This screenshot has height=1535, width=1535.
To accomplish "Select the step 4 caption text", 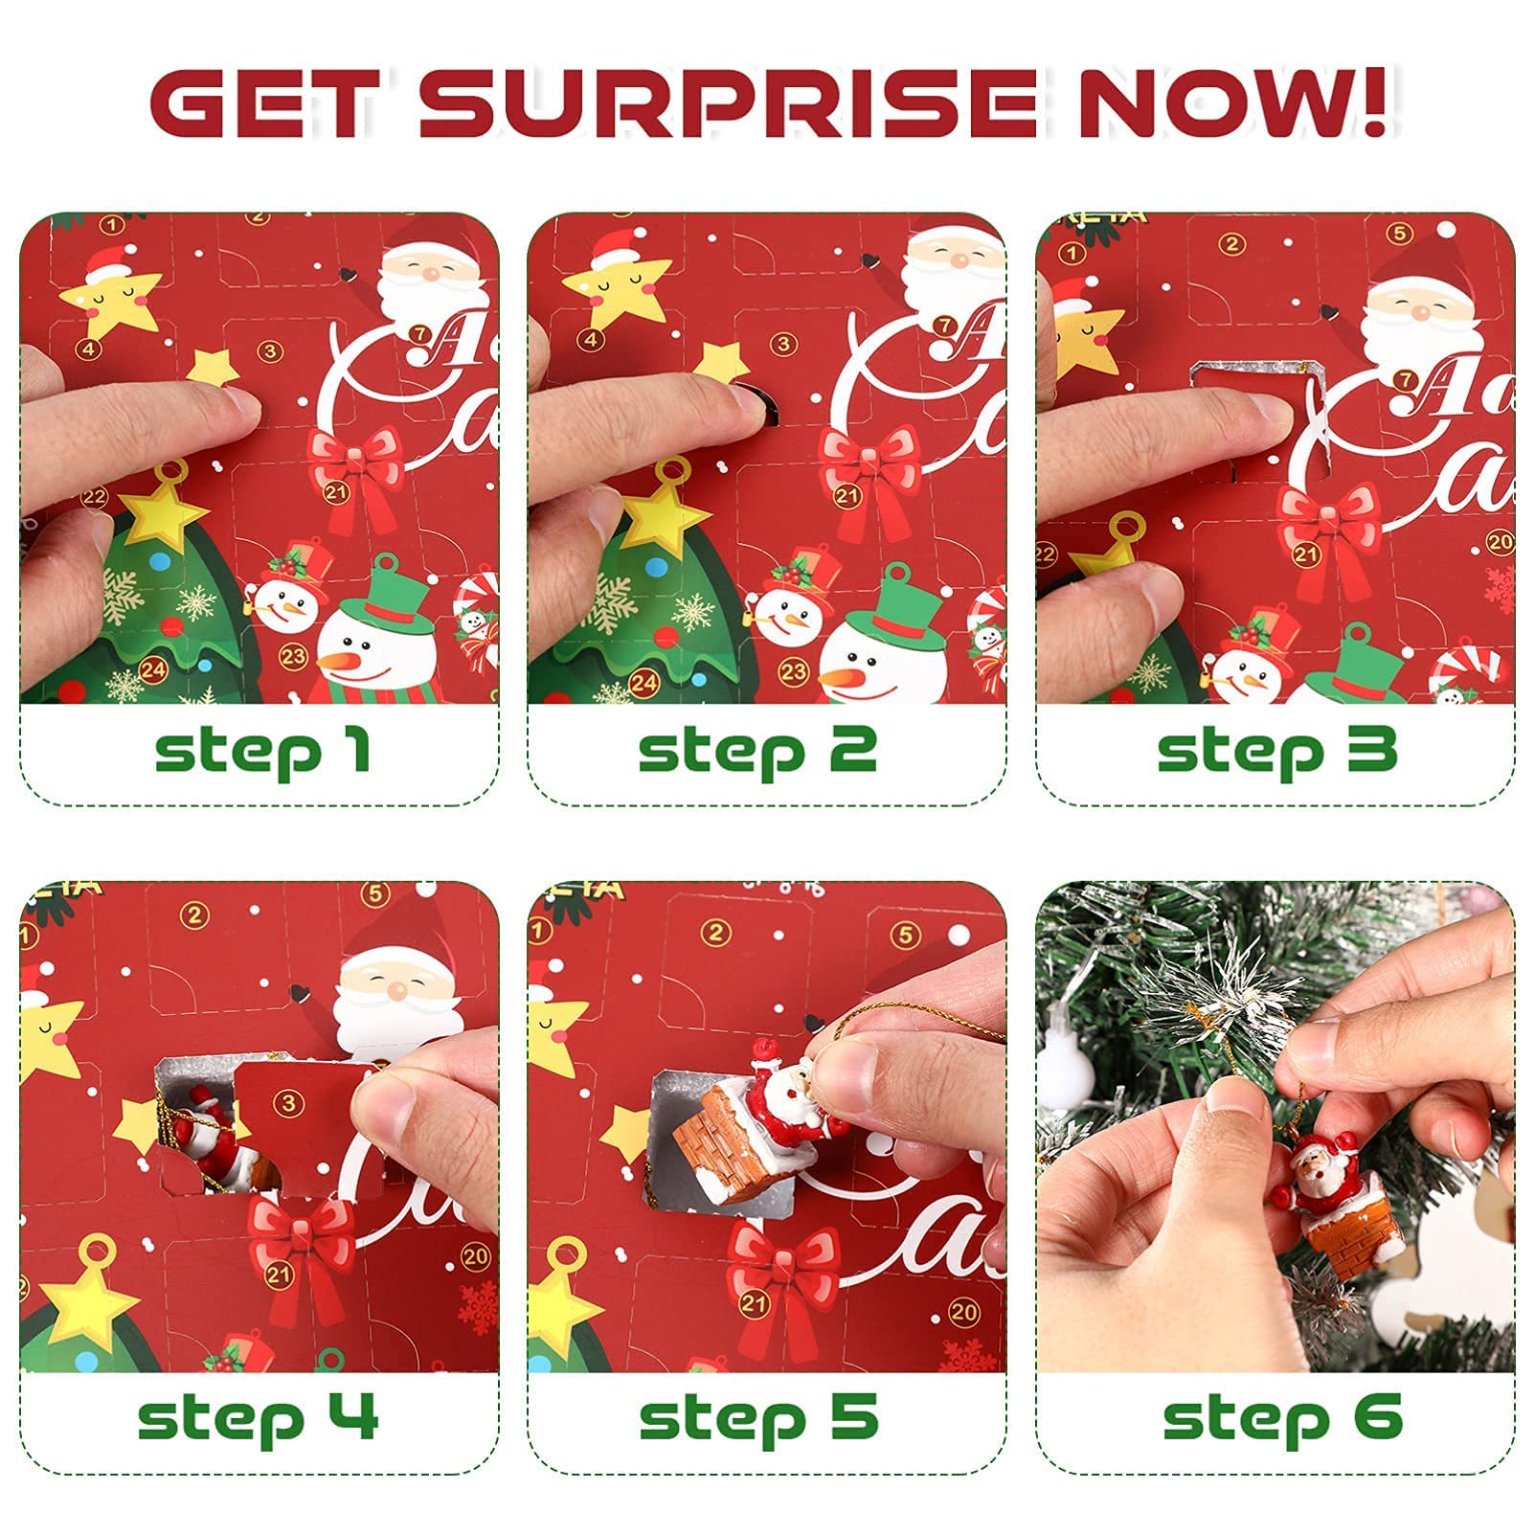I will coord(259,1418).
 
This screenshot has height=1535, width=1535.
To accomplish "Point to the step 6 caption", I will coord(1282,1418).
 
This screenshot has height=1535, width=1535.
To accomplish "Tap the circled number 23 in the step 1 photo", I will coord(292,657).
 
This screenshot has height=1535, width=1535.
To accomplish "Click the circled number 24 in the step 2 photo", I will coord(643,683).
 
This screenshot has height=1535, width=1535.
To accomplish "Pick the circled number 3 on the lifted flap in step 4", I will coord(288,1105).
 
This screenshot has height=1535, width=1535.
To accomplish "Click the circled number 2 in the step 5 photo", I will coord(715,933).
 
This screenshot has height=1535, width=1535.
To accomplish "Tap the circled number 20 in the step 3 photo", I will coord(1499,542).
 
